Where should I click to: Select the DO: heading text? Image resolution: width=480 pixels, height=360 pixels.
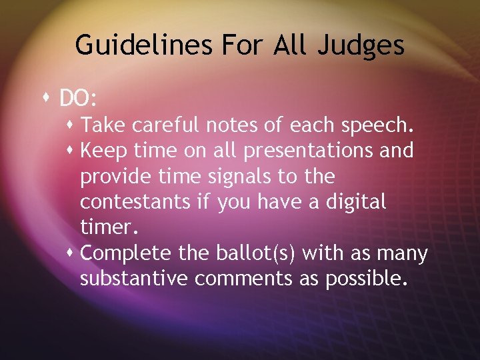pyautogui.click(x=79, y=99)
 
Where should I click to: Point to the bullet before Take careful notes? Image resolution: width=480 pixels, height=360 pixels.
pyautogui.click(x=72, y=125)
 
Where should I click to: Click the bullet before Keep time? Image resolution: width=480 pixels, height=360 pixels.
pyautogui.click(x=72, y=151)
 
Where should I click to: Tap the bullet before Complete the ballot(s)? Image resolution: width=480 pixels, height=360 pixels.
pyautogui.click(x=72, y=253)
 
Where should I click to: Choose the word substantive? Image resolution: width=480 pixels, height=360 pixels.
pyautogui.click(x=133, y=279)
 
